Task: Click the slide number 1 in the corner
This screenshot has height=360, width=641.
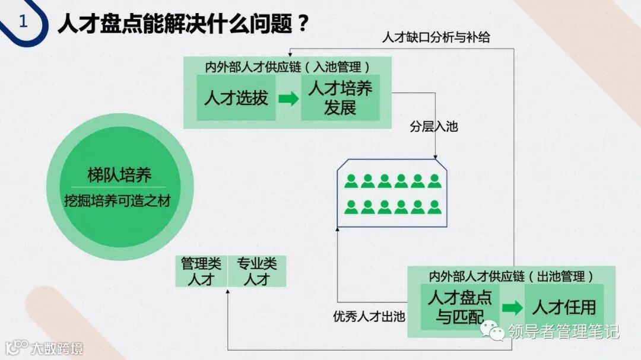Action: pyautogui.click(x=23, y=22)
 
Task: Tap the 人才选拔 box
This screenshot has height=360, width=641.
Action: pyautogui.click(x=236, y=98)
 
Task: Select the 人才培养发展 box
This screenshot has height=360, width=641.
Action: pyautogui.click(x=340, y=98)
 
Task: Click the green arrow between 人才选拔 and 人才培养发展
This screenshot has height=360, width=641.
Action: pyautogui.click(x=288, y=98)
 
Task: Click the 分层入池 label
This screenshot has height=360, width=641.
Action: pyautogui.click(x=434, y=127)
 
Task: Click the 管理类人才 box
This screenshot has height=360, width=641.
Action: pyautogui.click(x=201, y=272)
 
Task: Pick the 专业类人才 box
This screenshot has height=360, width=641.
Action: pyautogui.click(x=257, y=272)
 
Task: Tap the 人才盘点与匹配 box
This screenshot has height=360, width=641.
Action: pyautogui.click(x=460, y=307)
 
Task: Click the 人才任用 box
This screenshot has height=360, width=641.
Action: pyautogui.click(x=563, y=307)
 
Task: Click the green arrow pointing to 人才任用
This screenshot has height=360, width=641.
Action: pyautogui.click(x=512, y=308)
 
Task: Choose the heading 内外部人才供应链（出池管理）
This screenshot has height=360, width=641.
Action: pyautogui.click(x=511, y=276)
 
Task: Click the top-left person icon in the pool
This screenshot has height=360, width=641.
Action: pyautogui.click(x=351, y=181)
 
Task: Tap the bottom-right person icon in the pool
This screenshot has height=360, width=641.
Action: pyautogui.click(x=434, y=207)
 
